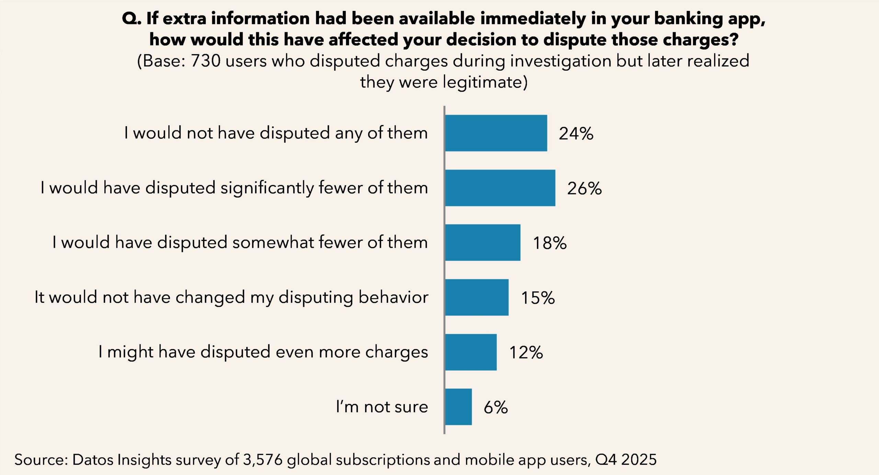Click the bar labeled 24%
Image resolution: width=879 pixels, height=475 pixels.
tap(496, 133)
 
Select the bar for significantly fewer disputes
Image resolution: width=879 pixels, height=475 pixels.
tap(500, 188)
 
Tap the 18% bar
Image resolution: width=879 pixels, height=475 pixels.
tap(482, 243)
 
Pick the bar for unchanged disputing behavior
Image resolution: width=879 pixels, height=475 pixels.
tap(477, 297)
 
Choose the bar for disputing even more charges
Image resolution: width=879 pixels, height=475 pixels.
tap(471, 352)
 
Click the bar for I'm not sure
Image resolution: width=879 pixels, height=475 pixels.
tap(458, 407)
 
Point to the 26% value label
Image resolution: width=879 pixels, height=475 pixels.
tap(584, 188)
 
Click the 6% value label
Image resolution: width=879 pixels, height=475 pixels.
tap(495, 407)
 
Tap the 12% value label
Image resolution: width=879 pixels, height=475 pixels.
tap(526, 352)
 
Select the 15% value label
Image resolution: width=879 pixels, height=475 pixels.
tap(538, 298)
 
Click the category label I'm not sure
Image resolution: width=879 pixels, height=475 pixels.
tap(382, 407)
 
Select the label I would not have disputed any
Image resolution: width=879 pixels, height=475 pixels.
tap(276, 133)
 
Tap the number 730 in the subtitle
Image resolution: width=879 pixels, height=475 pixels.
tap(205, 61)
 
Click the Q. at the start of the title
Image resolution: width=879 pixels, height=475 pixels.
tap(132, 19)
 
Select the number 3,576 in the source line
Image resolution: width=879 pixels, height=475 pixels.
tap(263, 460)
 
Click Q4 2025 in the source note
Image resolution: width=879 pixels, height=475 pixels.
tap(626, 460)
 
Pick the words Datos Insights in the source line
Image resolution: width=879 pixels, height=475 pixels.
tap(122, 460)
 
